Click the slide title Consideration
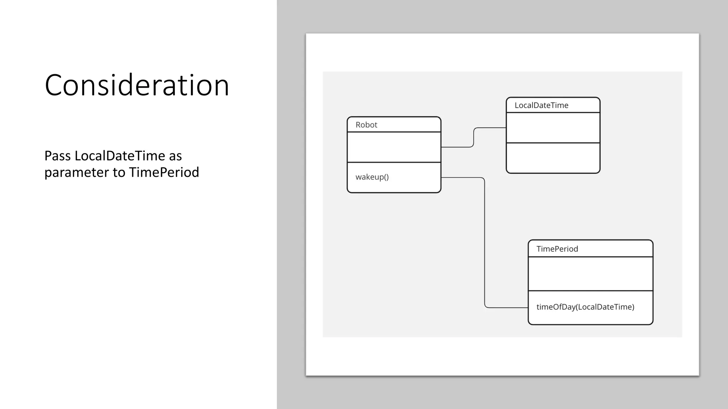click(x=137, y=85)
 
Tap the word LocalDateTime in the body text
click(x=119, y=156)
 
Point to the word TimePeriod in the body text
click(x=164, y=173)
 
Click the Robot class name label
click(x=366, y=125)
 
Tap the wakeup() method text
click(x=372, y=177)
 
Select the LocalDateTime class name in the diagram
click(x=541, y=105)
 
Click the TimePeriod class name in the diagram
click(x=557, y=249)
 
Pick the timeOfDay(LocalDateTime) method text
click(x=585, y=307)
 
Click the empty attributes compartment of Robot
click(x=394, y=147)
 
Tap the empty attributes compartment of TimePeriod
click(x=590, y=274)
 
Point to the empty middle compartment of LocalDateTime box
click(x=553, y=128)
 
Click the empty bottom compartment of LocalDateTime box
click(x=553, y=158)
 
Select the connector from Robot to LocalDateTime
click(x=474, y=137)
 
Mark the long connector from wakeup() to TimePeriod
click(x=485, y=241)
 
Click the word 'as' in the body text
click(x=175, y=156)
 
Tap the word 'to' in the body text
click(x=119, y=173)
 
